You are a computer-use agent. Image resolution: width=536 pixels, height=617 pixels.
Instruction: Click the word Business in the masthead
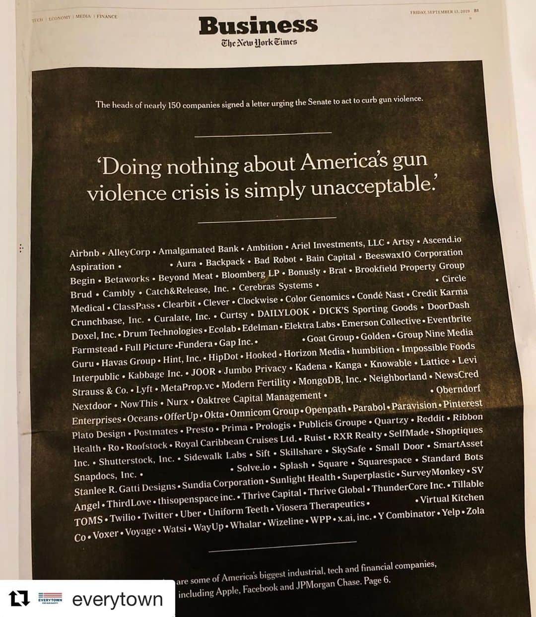click(x=258, y=25)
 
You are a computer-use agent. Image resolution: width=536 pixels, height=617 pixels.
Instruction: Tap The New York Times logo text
click(x=259, y=43)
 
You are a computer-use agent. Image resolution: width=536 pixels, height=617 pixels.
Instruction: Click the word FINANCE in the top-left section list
click(x=107, y=16)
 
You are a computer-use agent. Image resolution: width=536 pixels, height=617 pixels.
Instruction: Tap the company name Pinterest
click(x=463, y=404)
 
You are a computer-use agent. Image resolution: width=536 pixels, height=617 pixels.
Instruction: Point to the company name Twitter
click(x=158, y=516)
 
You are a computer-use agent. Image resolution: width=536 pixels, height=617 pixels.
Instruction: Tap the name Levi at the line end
click(x=467, y=360)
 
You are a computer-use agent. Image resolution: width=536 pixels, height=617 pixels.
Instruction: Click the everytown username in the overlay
click(x=117, y=599)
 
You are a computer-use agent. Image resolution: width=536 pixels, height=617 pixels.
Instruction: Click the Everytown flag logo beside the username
click(x=50, y=599)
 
